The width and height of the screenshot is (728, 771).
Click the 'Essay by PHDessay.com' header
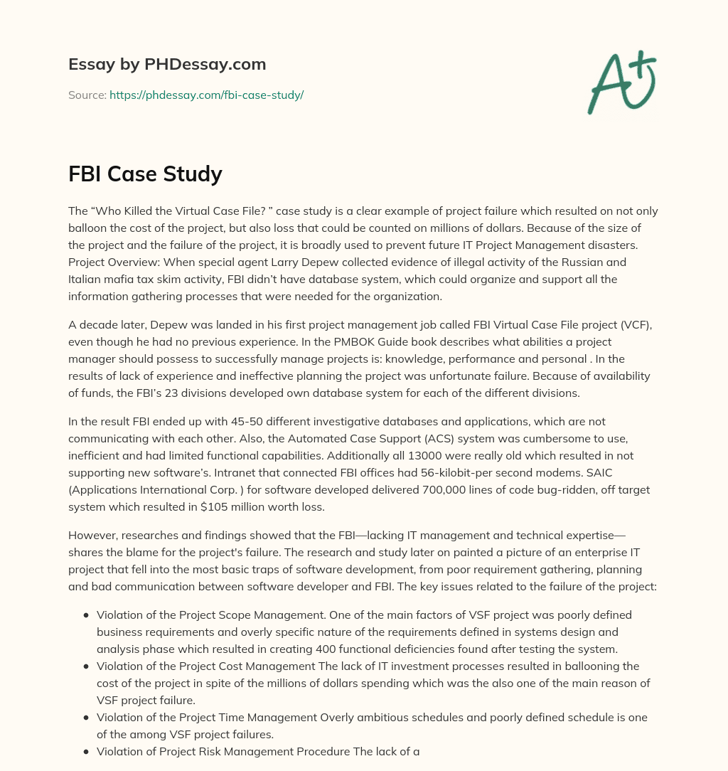tap(167, 65)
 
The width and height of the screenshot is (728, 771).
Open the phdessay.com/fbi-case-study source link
tap(206, 95)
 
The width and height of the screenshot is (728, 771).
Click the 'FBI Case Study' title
tap(145, 174)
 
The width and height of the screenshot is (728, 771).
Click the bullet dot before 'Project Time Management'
tap(86, 717)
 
